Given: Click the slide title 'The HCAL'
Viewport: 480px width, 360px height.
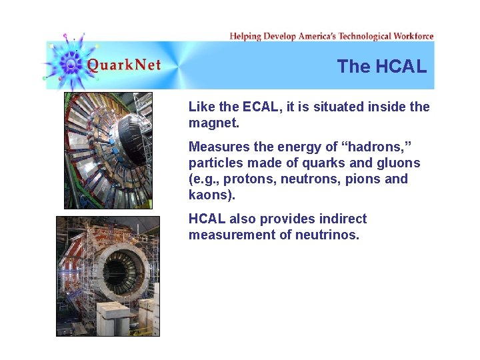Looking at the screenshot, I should click(381, 67).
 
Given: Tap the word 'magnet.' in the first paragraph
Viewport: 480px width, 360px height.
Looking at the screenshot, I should click(214, 123).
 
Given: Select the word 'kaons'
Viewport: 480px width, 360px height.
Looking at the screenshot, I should click(211, 195).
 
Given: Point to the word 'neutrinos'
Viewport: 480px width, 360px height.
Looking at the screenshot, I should click(327, 235).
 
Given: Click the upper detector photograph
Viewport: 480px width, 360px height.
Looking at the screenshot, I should click(108, 151).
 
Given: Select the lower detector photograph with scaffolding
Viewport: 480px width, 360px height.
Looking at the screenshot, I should click(108, 276).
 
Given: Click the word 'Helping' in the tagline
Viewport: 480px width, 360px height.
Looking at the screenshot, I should click(245, 36).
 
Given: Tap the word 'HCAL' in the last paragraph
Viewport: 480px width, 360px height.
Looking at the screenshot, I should click(207, 219).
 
